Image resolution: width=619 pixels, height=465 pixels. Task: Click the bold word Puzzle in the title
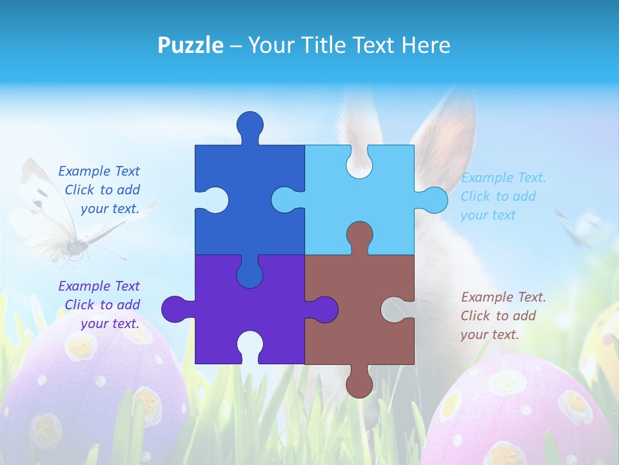pos(191,45)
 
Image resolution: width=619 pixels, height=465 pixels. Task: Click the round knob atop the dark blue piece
pos(250,124)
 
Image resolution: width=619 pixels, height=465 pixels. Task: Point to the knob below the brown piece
pos(359,384)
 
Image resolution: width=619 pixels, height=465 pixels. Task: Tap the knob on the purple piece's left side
pos(174,309)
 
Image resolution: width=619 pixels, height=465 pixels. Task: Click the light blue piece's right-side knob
pos(434,200)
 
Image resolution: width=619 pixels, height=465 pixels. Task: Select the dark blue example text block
pos(99,190)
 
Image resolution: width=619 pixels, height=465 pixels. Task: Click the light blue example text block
pos(503,196)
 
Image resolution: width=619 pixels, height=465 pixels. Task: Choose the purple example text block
pos(99,305)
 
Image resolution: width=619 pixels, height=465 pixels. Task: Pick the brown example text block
pos(503,316)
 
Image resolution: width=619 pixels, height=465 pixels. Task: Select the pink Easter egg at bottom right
pos(522,413)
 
